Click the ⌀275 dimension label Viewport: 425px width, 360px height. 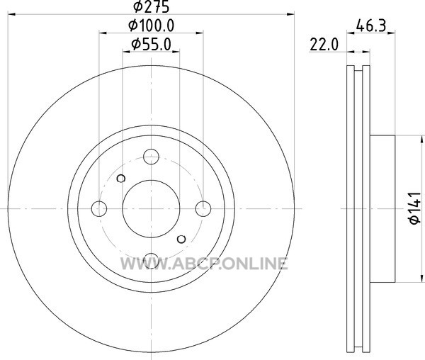(152, 6)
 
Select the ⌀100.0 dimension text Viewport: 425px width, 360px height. (152, 26)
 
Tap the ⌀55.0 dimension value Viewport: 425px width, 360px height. (152, 44)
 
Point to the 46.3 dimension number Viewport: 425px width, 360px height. (370, 26)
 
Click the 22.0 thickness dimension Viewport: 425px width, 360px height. (324, 45)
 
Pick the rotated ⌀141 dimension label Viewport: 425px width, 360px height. (415, 208)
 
